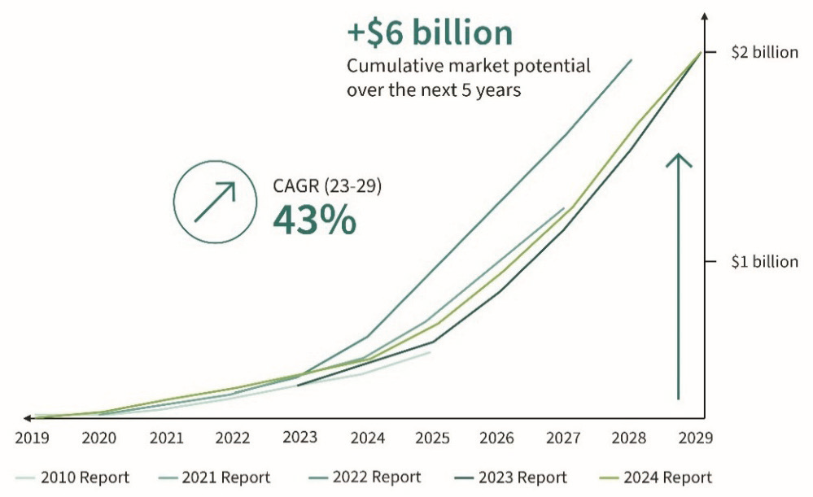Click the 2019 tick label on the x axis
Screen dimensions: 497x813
32,438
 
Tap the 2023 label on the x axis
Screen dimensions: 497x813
299,438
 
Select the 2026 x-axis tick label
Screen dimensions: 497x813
496,438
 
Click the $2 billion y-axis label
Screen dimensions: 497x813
764,53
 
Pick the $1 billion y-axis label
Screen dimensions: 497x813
764,262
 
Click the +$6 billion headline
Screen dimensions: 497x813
430,33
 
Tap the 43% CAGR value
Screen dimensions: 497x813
314,220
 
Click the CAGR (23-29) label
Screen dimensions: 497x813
327,186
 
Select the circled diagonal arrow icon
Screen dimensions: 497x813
215,202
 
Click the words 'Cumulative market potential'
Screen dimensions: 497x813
469,66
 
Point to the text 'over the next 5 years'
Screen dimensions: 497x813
434,89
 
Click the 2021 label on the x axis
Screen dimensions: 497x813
166,438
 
